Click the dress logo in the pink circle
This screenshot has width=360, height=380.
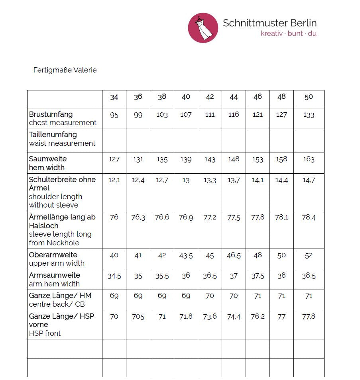click(203, 27)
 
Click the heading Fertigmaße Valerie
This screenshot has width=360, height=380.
click(65, 70)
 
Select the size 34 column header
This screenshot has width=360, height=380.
click(114, 97)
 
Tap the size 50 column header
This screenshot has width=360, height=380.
click(309, 97)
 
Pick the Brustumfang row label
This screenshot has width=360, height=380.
click(51, 114)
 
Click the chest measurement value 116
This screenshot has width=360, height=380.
click(234, 115)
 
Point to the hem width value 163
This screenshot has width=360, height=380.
click(309, 159)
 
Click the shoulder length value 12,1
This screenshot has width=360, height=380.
click(114, 180)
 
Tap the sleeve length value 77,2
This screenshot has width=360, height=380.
click(210, 218)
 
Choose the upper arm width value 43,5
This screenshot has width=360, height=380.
click(186, 256)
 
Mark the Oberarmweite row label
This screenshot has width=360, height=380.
click(53, 255)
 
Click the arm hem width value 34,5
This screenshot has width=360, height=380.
click(114, 276)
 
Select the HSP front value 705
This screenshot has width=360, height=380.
click(138, 317)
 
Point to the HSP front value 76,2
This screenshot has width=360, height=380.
click(258, 317)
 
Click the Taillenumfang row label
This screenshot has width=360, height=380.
click(53, 135)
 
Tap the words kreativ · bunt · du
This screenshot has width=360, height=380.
click(289, 33)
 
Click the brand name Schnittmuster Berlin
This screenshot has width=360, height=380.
click(270, 23)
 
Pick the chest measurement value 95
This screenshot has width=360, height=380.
click(114, 115)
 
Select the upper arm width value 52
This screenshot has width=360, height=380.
click(309, 256)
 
